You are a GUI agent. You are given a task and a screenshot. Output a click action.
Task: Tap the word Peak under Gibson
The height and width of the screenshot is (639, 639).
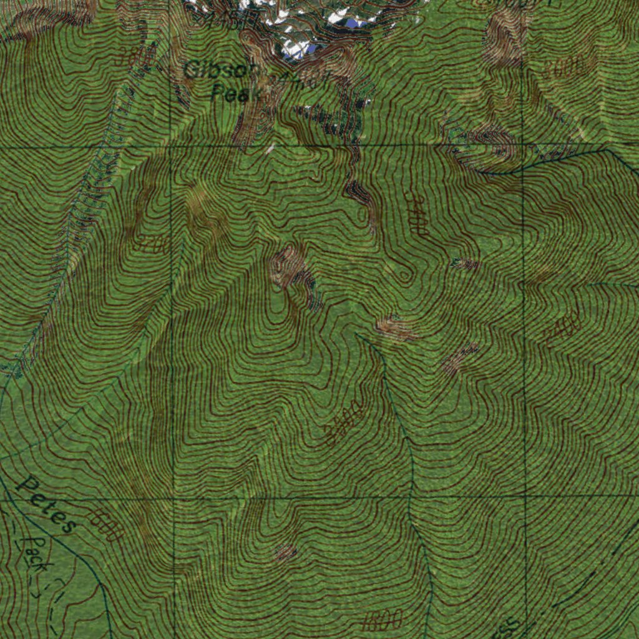tap(230, 94)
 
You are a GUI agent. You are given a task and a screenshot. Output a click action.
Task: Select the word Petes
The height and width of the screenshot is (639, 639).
tap(47, 504)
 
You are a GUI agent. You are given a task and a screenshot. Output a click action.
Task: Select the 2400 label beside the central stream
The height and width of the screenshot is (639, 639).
tap(344, 424)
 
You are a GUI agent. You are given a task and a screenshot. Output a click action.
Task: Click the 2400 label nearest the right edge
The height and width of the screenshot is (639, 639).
tap(563, 329)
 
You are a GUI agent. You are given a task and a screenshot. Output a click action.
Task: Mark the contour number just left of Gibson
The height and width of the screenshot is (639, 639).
tap(135, 57)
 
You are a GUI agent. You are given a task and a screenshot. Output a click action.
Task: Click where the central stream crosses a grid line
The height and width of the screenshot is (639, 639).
tap(409, 498)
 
